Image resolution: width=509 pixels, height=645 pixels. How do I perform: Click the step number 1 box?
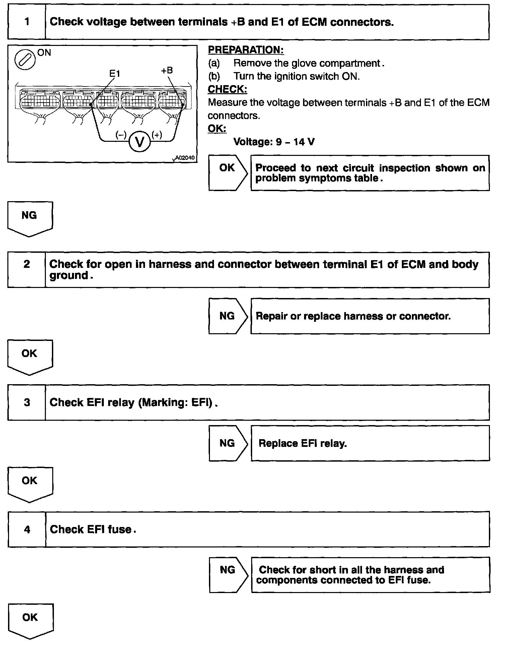pos(27,22)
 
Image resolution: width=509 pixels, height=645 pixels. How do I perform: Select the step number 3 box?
pos(27,402)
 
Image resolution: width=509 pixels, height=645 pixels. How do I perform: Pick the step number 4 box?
pos(27,529)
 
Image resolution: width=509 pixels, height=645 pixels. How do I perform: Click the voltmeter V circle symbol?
pos(139,142)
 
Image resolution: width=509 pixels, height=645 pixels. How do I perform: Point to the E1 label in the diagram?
pos(115,73)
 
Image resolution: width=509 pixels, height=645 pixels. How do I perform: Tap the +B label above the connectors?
pos(167,70)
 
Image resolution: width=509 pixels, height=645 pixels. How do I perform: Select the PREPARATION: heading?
pos(246,50)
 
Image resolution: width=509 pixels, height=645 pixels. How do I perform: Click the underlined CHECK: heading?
pos(227,90)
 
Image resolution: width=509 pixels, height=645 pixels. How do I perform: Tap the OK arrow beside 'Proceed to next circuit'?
pos(228,173)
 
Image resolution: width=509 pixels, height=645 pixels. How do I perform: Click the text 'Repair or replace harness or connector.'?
pos(353,316)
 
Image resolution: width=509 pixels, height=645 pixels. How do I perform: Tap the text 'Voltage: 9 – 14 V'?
pos(274,142)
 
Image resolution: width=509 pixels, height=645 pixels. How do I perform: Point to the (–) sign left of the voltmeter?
pos(121,135)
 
